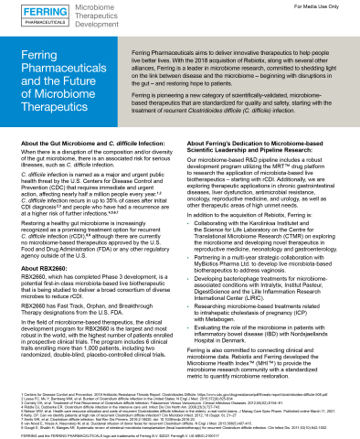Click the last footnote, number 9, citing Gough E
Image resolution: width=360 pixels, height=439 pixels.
pyautogui.click(x=183, y=426)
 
